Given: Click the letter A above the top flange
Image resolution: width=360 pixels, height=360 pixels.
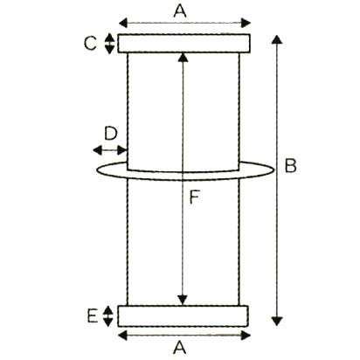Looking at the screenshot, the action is tap(180, 11).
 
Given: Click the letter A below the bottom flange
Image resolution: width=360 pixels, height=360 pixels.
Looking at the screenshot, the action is tap(179, 348).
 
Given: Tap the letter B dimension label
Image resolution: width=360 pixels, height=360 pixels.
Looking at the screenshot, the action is tap(290, 166).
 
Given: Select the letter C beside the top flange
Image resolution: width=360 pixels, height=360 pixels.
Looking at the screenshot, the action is tap(90, 44).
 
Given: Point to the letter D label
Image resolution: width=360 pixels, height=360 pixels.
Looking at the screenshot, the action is tap(111, 134).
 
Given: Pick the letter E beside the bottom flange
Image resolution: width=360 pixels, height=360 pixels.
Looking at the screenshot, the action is tap(93, 316).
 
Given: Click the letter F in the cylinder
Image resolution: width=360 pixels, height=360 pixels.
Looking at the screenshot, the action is tap(194, 197).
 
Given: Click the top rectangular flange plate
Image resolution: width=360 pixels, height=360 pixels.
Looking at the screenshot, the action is tap(183, 44).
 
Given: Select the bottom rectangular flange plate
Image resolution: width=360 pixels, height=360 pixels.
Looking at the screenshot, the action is tap(183, 316).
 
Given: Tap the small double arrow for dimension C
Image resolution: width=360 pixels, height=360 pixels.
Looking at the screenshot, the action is tap(109, 44).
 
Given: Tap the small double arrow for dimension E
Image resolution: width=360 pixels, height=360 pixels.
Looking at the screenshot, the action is tap(108, 316).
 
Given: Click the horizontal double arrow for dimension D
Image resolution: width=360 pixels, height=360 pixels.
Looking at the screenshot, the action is tap(109, 150).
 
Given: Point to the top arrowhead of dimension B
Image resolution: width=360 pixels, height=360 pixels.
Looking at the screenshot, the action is tap(277, 39).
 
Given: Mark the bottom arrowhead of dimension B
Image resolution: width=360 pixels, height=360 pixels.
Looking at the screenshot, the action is tap(277, 322).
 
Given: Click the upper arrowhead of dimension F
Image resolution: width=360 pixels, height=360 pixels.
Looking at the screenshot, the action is tap(183, 58).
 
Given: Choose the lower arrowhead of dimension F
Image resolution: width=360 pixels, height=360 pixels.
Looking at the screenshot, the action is tap(183, 301).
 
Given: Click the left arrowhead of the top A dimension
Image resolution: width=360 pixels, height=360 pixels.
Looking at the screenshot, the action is tap(123, 23).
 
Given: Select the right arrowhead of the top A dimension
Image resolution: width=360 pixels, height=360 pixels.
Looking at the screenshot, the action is tap(246, 23).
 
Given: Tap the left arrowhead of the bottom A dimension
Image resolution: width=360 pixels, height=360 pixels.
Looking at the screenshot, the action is tap(123, 336).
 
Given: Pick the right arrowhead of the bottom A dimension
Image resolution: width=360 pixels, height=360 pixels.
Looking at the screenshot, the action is tap(246, 336).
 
